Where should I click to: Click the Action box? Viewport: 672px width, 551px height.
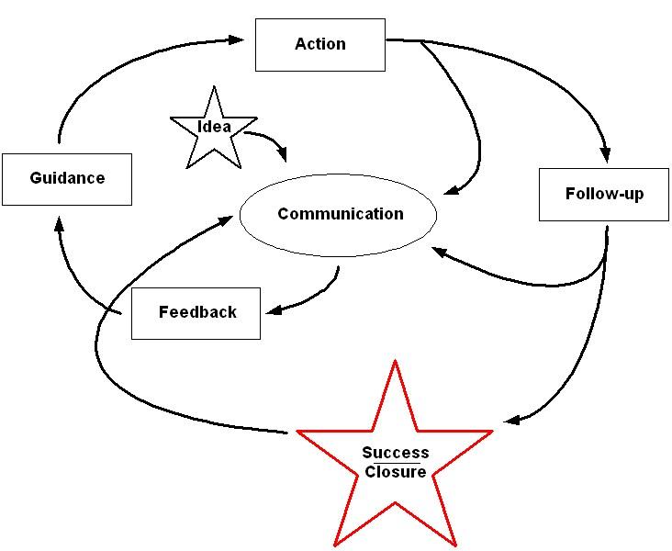(x=319, y=44)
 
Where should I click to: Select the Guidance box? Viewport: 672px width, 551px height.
(x=67, y=178)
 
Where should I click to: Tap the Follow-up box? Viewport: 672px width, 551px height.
(x=603, y=195)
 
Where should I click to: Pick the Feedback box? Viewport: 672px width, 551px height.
(x=196, y=313)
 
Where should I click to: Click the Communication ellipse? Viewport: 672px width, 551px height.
(x=338, y=215)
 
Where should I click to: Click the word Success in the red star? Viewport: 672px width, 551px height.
(x=395, y=453)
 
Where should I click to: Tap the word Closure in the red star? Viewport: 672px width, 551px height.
(x=395, y=472)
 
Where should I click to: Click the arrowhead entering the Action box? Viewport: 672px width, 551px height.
(x=236, y=39)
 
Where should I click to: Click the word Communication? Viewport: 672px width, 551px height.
(x=340, y=214)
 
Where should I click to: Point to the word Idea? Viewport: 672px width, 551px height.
(x=214, y=127)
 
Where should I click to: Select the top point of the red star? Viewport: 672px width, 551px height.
(x=395, y=364)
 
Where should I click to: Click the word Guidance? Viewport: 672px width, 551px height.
(x=67, y=178)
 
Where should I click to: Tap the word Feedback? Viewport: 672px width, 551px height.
(x=197, y=312)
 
